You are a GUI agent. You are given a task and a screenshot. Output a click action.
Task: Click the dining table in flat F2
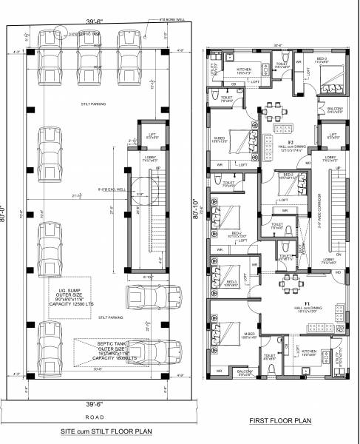tap(285, 129)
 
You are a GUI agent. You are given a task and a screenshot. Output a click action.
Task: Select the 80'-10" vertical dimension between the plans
tap(195, 215)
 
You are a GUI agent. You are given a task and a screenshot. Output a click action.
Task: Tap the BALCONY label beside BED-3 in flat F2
tap(334, 110)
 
